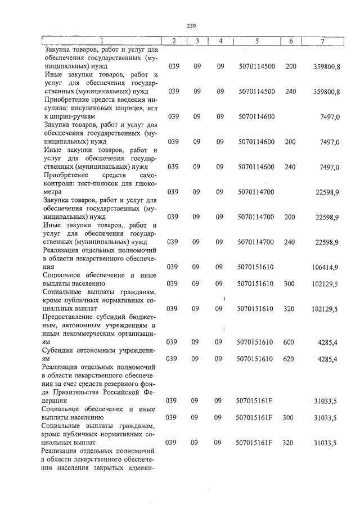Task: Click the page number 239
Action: pos(191,25)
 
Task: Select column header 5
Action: pos(256,41)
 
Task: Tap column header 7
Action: pos(322,41)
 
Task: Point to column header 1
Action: pos(101,41)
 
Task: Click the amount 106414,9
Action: pos(325,267)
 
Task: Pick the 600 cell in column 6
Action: pos(289,342)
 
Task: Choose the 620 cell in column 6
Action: pos(289,359)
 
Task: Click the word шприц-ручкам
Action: pos(69,116)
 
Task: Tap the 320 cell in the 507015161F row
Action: pos(289,443)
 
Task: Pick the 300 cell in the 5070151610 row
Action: pos(289,284)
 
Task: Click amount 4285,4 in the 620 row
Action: pos(327,359)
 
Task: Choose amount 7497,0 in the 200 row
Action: pos(328,142)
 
